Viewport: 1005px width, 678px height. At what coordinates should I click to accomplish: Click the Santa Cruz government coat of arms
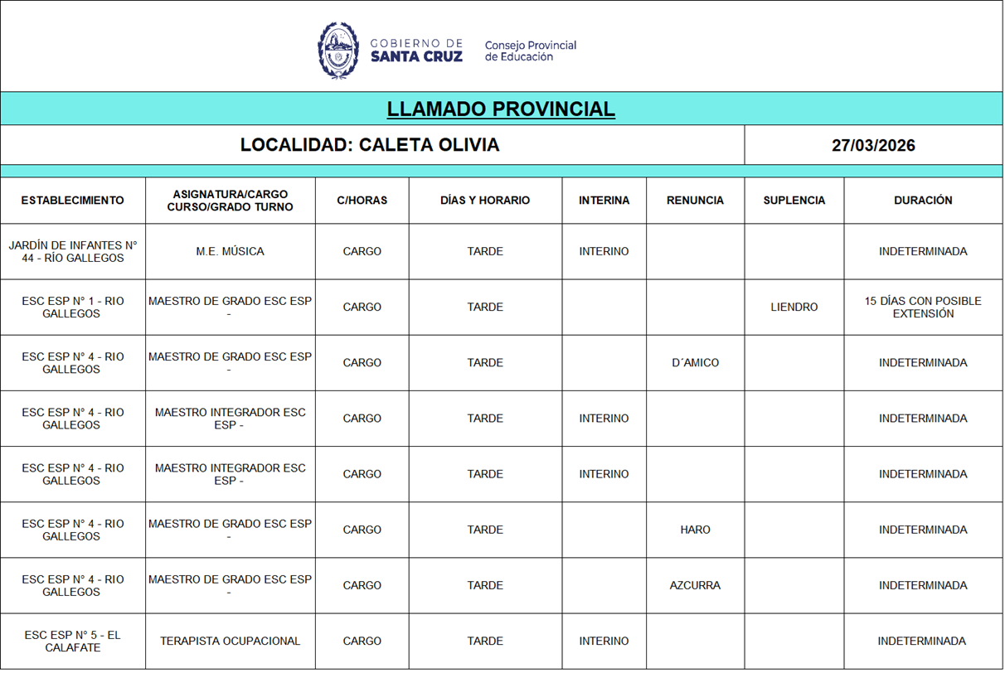tap(337, 51)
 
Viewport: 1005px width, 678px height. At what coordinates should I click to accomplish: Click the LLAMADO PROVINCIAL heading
tap(501, 109)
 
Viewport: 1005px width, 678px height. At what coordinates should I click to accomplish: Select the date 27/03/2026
tap(873, 146)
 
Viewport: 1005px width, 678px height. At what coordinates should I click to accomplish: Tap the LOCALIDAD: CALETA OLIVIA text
tap(370, 145)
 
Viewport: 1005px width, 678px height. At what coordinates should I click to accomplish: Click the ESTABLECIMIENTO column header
tap(73, 201)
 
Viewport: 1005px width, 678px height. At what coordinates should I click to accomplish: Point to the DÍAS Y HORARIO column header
tap(485, 201)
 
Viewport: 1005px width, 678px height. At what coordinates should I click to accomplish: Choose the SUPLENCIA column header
tap(794, 201)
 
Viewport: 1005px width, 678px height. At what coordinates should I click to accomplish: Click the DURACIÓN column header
tap(923, 201)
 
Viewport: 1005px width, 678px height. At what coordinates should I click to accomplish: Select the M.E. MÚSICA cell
tap(230, 252)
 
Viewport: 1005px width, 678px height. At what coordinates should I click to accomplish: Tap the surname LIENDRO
tap(794, 308)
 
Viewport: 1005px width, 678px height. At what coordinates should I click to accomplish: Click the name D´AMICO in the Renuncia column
tap(695, 363)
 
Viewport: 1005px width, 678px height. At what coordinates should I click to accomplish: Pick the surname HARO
tap(695, 530)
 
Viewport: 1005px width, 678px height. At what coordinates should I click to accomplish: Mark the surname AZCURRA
tap(695, 585)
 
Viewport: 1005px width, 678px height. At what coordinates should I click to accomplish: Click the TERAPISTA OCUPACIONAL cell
tap(230, 641)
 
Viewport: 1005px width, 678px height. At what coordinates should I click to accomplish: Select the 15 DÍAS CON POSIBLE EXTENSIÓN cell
tap(923, 308)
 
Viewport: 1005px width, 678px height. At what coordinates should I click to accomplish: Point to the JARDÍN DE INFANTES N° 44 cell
tap(73, 252)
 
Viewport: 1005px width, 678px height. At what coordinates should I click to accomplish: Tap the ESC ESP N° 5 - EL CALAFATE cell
tap(73, 641)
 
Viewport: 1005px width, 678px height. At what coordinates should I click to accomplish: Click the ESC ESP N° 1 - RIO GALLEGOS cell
tap(73, 308)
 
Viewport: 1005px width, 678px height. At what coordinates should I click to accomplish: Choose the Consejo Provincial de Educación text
tap(530, 51)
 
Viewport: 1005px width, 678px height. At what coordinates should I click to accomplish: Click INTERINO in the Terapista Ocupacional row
tap(604, 641)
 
